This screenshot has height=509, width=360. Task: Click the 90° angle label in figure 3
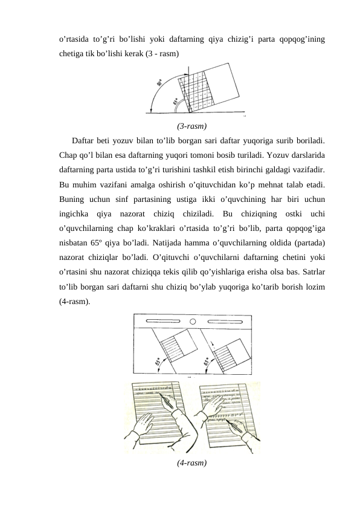pyautogui.click(x=160, y=82)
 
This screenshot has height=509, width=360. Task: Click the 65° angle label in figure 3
pyautogui.click(x=175, y=102)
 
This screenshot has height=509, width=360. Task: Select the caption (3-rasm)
pyautogui.click(x=191, y=126)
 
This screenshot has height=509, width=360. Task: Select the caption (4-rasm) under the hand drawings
pyautogui.click(x=191, y=462)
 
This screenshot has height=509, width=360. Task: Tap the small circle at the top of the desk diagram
pyautogui.click(x=193, y=322)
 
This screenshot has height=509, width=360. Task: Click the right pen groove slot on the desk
pyautogui.click(x=225, y=322)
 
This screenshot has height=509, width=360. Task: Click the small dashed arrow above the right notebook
pyautogui.click(x=212, y=345)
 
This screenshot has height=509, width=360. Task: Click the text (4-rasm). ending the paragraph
pyautogui.click(x=74, y=302)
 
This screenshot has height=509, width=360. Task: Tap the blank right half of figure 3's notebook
pyautogui.click(x=223, y=84)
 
